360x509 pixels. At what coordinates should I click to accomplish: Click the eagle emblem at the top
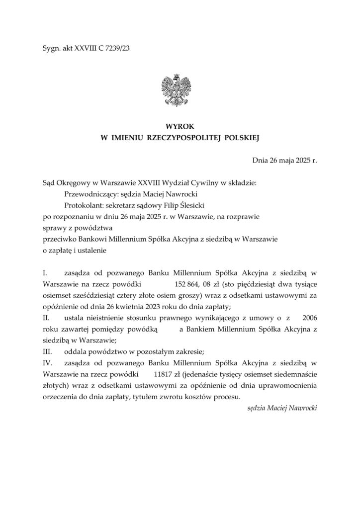tap(179, 90)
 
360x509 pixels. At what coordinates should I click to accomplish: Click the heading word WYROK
tap(180, 127)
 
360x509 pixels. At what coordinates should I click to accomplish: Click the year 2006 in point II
tap(309, 318)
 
